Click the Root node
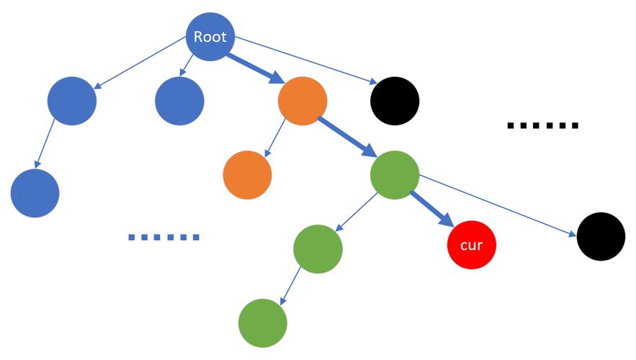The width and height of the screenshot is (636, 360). click(210, 37)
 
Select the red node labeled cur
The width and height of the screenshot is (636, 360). click(471, 245)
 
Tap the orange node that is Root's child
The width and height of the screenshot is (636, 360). click(303, 101)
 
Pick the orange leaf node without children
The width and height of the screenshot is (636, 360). click(247, 175)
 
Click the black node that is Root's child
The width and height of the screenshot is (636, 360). click(395, 101)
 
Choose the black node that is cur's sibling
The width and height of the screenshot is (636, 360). click(601, 236)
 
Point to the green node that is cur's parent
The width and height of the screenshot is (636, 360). click(395, 175)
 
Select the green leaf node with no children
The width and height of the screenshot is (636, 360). click(262, 323)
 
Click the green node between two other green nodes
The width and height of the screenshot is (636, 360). click(318, 249)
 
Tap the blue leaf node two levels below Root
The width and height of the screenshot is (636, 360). click(35, 193)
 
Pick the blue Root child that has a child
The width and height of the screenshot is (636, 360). click(72, 101)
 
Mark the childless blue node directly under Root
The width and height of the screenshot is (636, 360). click(179, 101)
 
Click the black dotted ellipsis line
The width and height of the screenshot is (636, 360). click(542, 126)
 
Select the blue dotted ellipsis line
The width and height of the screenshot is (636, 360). click(164, 237)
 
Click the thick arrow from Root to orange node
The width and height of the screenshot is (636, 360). click(256, 68)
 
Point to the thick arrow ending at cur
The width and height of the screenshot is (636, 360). click(432, 209)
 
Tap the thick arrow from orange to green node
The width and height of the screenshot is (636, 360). click(348, 137)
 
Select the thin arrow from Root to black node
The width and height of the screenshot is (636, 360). click(306, 60)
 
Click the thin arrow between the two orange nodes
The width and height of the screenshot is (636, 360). click(275, 138)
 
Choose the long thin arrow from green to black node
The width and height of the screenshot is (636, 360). click(498, 206)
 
